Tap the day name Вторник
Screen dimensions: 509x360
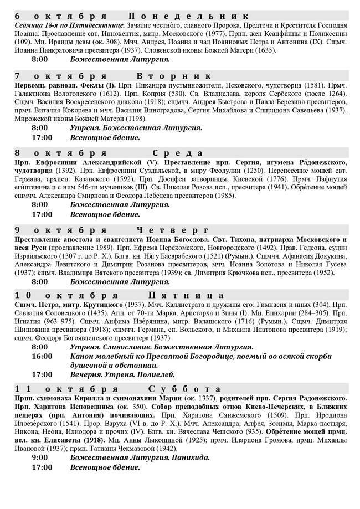174,76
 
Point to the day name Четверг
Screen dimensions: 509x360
172,229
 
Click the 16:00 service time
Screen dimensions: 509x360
42,357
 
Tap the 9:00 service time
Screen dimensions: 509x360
40,457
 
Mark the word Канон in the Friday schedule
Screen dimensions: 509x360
84,357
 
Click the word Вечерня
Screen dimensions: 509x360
87,375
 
